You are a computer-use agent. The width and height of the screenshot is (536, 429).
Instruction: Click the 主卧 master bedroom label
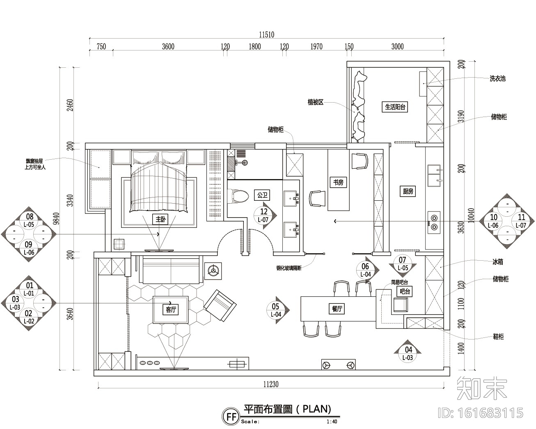coord(160,220)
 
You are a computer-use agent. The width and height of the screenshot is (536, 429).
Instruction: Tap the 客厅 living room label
coord(171,310)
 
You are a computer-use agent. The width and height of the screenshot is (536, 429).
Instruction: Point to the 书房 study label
coord(338,183)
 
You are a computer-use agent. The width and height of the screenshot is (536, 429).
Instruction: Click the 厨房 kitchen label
coord(408,191)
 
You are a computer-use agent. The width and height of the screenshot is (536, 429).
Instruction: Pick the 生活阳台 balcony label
coord(396,107)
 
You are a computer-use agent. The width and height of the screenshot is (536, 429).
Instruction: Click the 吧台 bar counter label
coord(405,292)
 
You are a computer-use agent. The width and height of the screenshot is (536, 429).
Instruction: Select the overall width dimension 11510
coord(266,35)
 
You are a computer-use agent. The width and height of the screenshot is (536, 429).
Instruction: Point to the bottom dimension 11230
coord(271,384)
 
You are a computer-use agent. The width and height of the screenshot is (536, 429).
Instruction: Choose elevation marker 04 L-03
coord(408,353)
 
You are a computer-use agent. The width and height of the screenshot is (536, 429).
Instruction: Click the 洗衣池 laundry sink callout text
coord(497,78)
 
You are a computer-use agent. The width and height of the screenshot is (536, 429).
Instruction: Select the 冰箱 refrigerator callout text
coord(498,261)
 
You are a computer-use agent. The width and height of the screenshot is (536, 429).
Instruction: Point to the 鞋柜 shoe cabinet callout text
coord(498,337)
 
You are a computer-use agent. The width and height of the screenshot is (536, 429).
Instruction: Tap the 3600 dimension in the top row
coord(168,46)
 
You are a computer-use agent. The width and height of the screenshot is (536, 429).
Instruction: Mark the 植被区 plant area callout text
coord(316,102)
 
